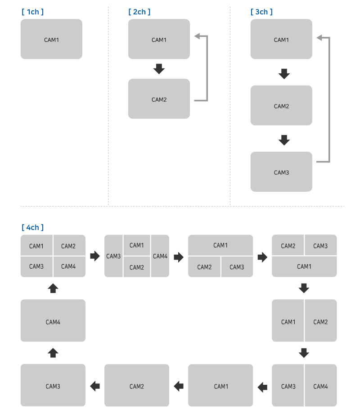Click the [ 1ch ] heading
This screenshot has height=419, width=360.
tap(32, 12)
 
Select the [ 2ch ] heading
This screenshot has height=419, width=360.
tap(139, 12)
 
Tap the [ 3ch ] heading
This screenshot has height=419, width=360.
tap(261, 12)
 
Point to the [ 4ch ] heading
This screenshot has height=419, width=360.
tap(32, 228)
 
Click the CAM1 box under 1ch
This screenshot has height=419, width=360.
tap(51, 40)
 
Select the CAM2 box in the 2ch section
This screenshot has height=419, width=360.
tap(159, 99)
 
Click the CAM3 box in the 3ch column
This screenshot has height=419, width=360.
tap(281, 172)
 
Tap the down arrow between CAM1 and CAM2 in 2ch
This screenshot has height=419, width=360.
tap(159, 69)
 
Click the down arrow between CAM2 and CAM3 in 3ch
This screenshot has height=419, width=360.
tap(283, 140)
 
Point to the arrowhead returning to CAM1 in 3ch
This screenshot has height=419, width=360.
tap(319, 38)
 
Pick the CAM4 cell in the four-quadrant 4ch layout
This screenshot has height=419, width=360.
tap(69, 266)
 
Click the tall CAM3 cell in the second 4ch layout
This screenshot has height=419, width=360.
tap(113, 256)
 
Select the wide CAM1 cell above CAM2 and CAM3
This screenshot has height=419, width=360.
tap(220, 245)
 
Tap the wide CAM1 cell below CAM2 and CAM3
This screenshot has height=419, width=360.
tap(304, 266)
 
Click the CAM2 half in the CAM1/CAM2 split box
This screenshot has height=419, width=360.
tap(320, 322)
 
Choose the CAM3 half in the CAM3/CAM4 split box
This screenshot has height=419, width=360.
tap(288, 386)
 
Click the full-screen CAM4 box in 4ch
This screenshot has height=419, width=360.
tap(53, 322)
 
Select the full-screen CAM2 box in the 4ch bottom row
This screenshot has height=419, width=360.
tap(137, 386)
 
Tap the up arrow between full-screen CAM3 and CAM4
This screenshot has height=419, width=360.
tap(53, 352)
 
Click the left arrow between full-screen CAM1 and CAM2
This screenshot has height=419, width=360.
tap(179, 386)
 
